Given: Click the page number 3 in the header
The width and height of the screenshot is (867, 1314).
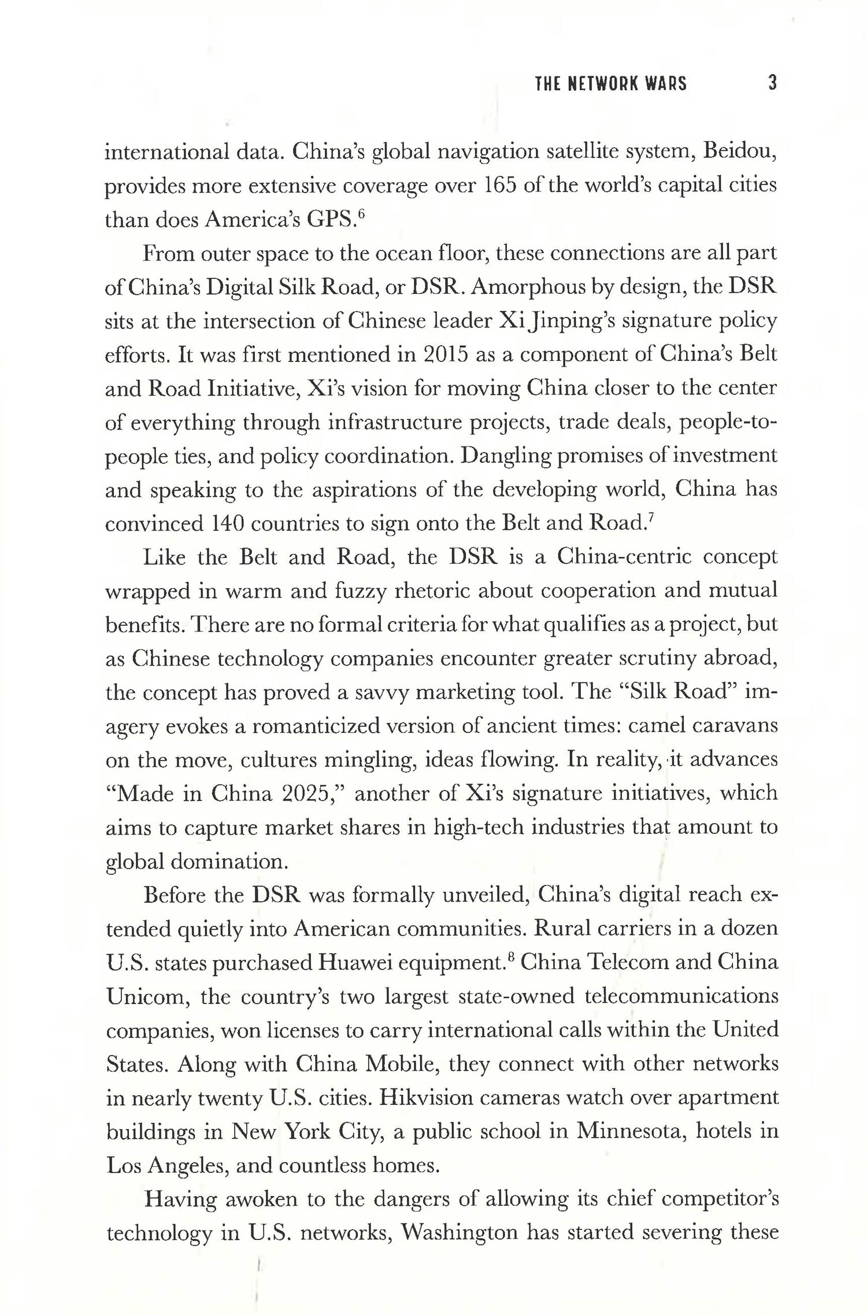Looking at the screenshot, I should click(772, 83).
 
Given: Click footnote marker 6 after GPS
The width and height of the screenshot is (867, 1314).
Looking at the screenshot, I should click(361, 215).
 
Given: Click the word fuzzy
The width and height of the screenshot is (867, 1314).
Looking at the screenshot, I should click(360, 590).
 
